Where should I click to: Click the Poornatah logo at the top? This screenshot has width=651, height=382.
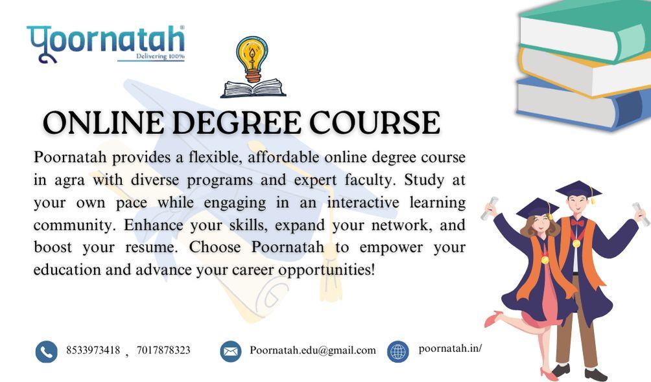point(106,42)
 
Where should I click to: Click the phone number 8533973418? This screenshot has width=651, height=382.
point(93,350)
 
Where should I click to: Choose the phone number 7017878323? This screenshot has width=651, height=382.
point(163,350)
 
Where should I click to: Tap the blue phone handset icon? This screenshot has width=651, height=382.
point(46,352)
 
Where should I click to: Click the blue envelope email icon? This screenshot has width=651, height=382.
point(230,352)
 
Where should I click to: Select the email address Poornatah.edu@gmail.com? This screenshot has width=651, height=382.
point(313,350)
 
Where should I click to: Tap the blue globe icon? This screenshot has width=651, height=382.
point(398,352)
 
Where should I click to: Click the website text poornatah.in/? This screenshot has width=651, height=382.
point(450,348)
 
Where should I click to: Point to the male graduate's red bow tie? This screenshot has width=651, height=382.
point(577,223)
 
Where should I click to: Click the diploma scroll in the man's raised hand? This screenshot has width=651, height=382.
point(641,214)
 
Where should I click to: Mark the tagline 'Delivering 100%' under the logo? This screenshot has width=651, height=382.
point(160,57)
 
